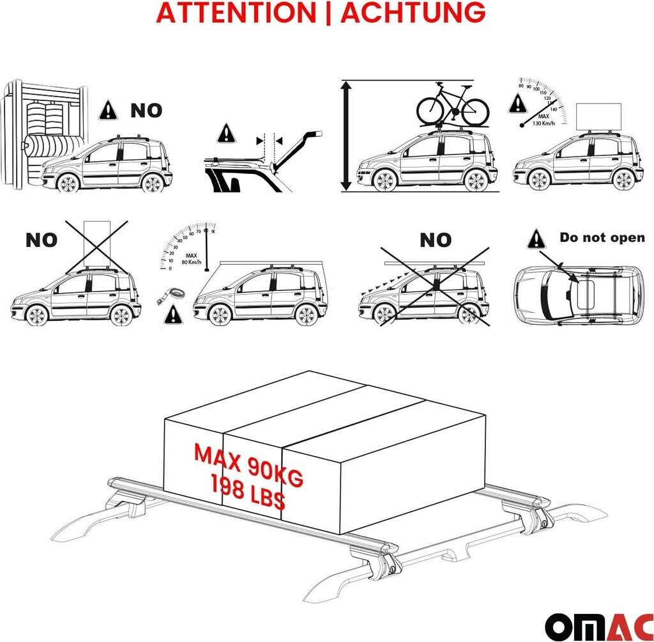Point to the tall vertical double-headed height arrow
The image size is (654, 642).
[346, 136]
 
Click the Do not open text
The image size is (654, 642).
[602, 238]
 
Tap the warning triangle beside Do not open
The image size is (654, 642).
[537, 240]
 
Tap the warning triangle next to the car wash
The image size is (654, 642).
[109, 111]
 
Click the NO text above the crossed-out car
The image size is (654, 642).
[436, 240]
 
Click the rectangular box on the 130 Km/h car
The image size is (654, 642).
[598, 116]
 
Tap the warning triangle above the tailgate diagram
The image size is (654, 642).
[226, 134]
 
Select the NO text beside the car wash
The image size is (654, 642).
[146, 111]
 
